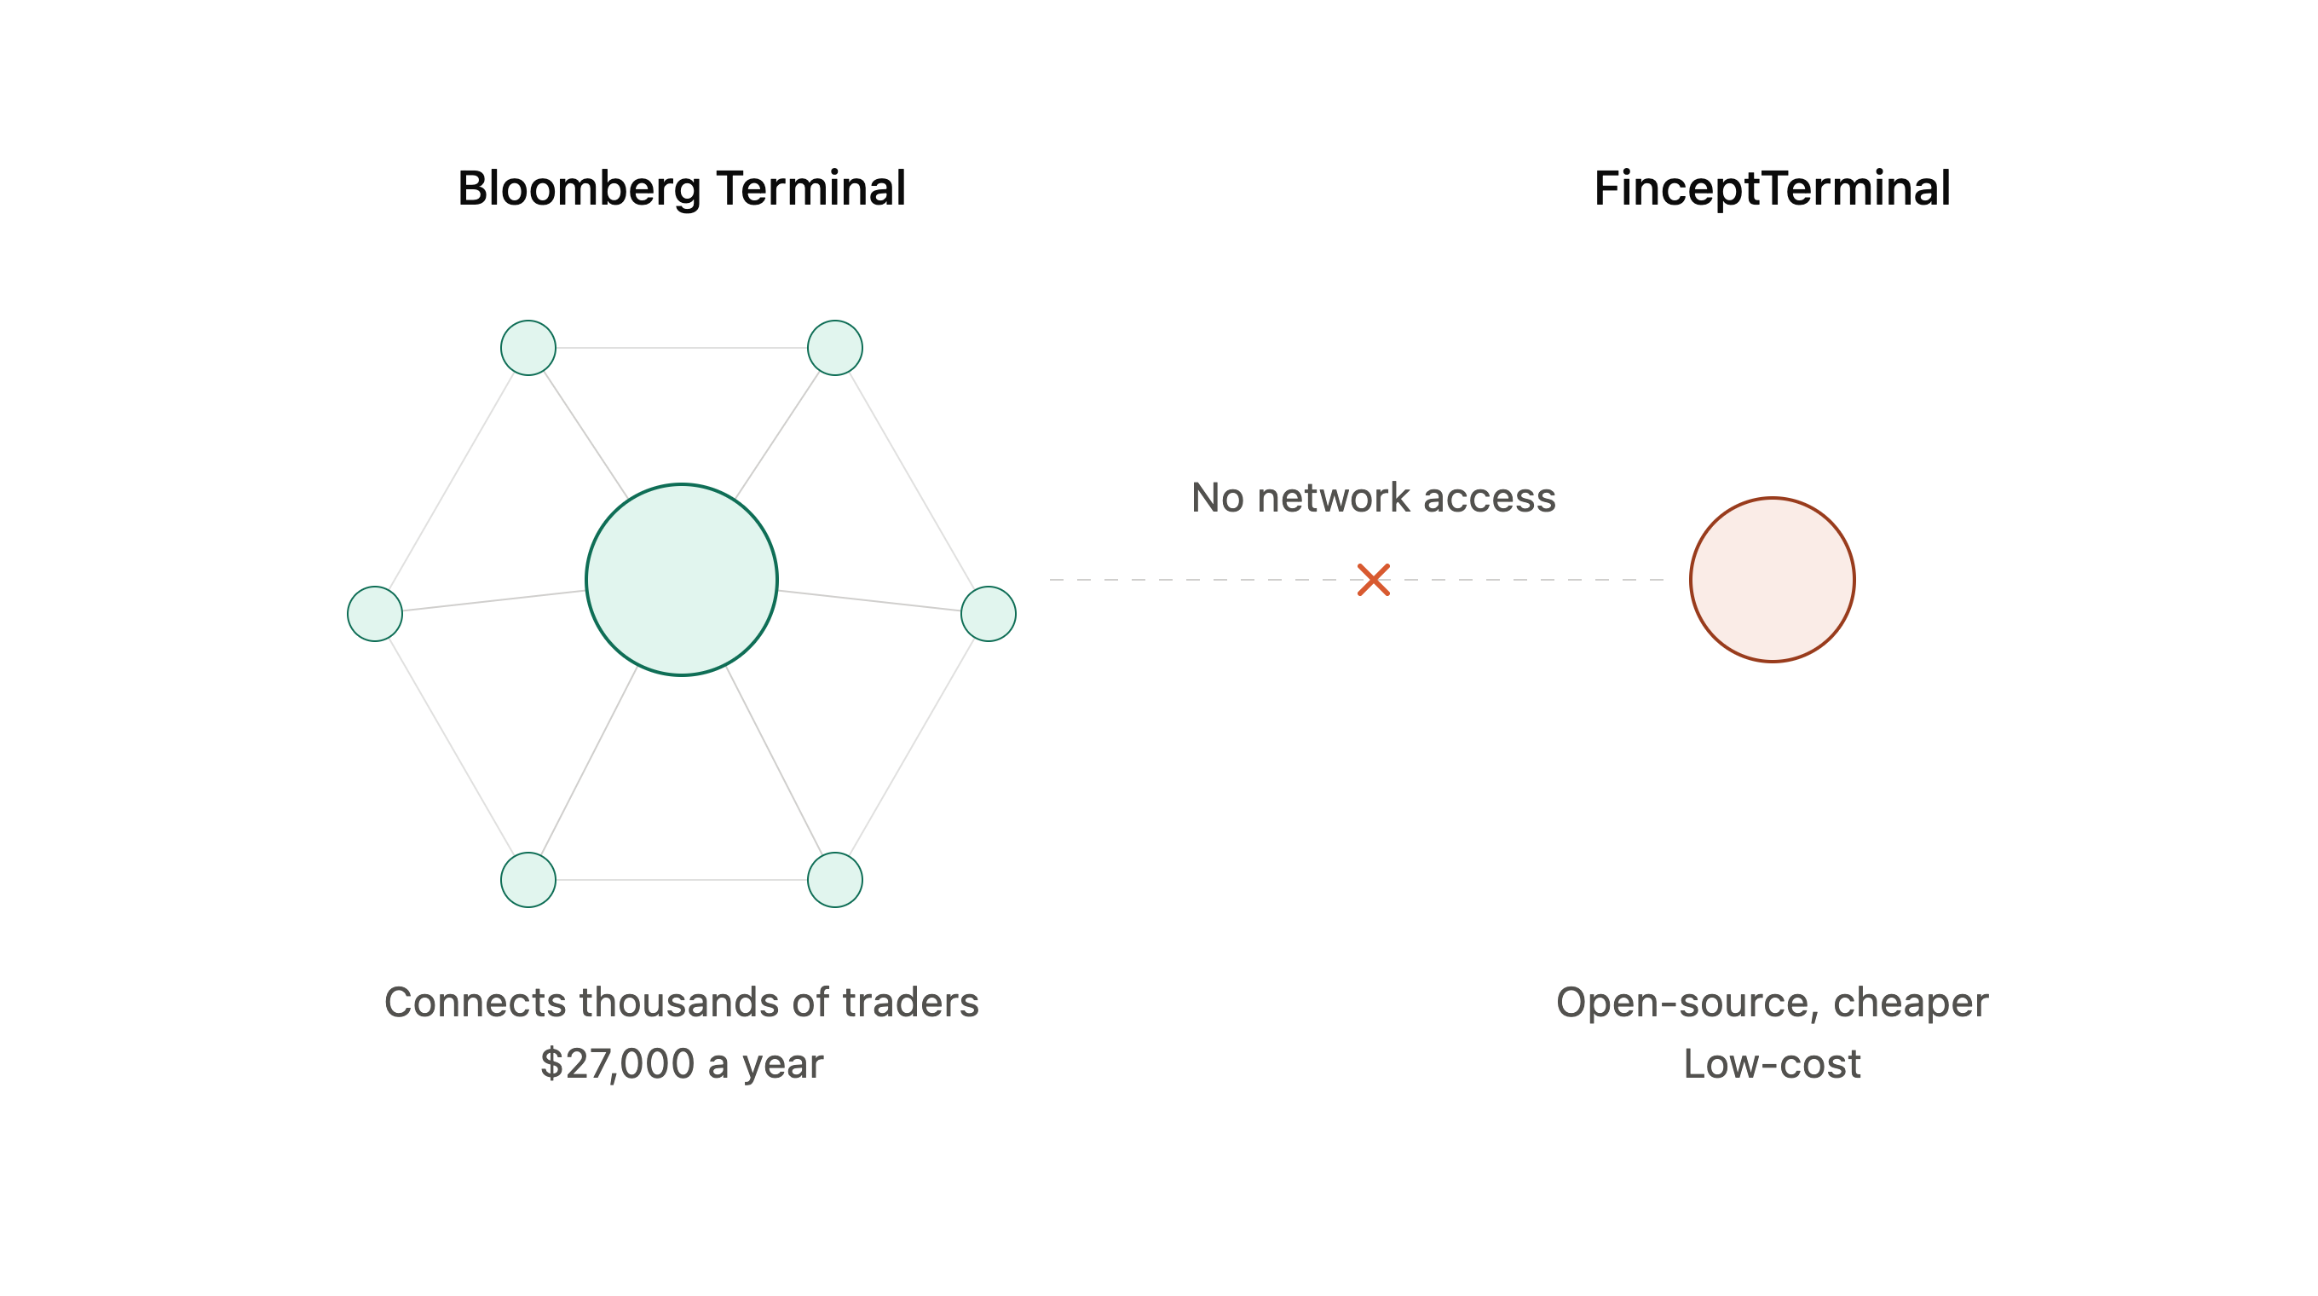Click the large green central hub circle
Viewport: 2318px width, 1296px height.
click(681, 580)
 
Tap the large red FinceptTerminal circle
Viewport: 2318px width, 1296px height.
click(1772, 580)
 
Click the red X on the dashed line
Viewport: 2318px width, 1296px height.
click(1373, 580)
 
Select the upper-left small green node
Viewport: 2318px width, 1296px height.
click(528, 347)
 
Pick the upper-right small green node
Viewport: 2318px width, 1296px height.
click(835, 347)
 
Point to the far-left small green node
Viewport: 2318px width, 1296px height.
click(374, 614)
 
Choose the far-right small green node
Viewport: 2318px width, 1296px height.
click(988, 614)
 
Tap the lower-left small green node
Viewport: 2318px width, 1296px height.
click(528, 879)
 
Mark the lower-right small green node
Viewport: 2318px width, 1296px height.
click(835, 879)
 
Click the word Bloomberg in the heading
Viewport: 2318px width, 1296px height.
click(579, 190)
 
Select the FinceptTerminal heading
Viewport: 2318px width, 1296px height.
click(1772, 189)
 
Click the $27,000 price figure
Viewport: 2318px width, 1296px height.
click(617, 1064)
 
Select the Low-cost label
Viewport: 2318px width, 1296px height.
click(1772, 1064)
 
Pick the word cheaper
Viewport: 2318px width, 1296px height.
click(1911, 1004)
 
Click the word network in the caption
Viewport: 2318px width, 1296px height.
click(1334, 498)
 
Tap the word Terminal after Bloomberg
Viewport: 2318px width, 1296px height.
click(810, 188)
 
